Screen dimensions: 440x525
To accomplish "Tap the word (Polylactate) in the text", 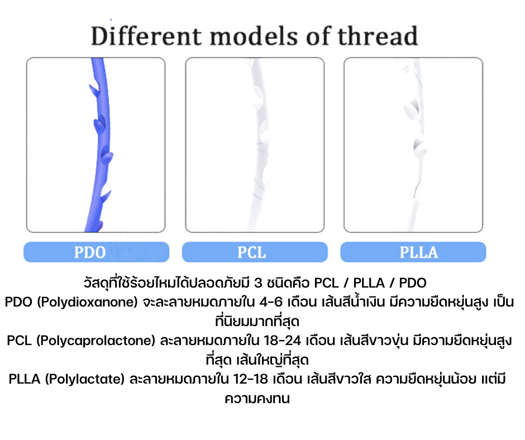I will coord(85,379).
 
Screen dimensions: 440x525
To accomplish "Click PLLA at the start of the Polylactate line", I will coord(25,379).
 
